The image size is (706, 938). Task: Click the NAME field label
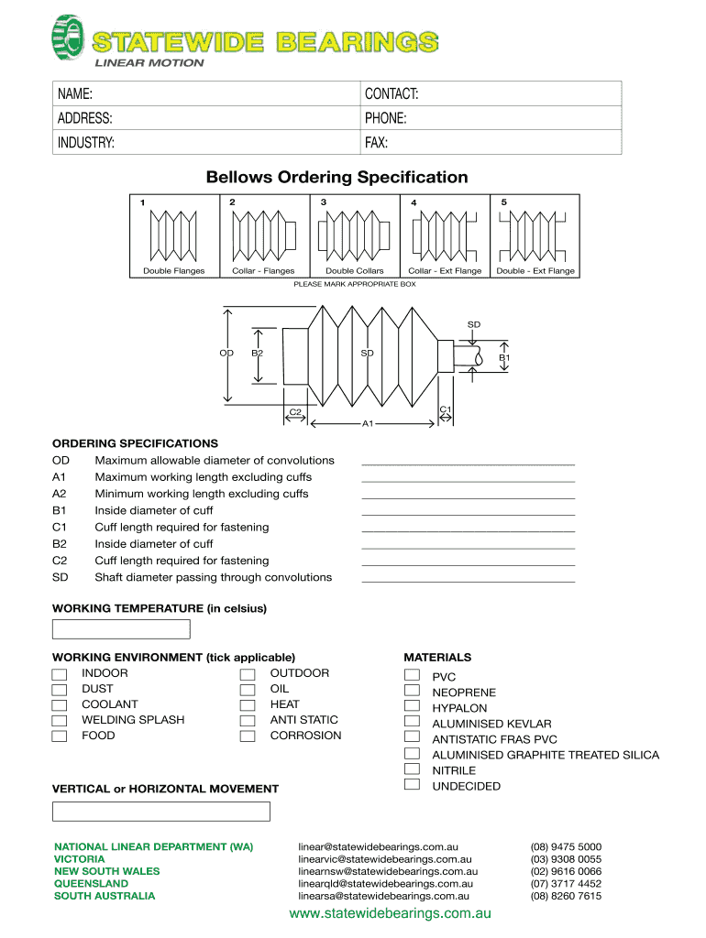75,94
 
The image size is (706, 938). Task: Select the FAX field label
376,143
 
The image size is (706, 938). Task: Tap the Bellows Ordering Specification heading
336,177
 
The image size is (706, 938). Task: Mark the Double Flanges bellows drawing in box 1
173,234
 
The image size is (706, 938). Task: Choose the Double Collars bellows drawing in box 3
354,234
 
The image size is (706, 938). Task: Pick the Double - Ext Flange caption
535,271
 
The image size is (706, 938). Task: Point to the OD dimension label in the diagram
226,353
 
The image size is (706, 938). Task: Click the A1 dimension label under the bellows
368,424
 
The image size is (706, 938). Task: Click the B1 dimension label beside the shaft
504,357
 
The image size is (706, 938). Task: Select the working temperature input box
121,629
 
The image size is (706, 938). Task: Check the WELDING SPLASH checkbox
60,721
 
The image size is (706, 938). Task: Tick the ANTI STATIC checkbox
247,721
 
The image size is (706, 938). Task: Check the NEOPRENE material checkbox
413,693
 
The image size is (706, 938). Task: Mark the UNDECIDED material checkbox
413,785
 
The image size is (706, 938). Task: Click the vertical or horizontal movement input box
161,812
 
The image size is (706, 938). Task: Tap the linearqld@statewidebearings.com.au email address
385,884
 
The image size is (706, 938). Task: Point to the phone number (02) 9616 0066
566,871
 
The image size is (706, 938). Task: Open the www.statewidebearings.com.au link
390,914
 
